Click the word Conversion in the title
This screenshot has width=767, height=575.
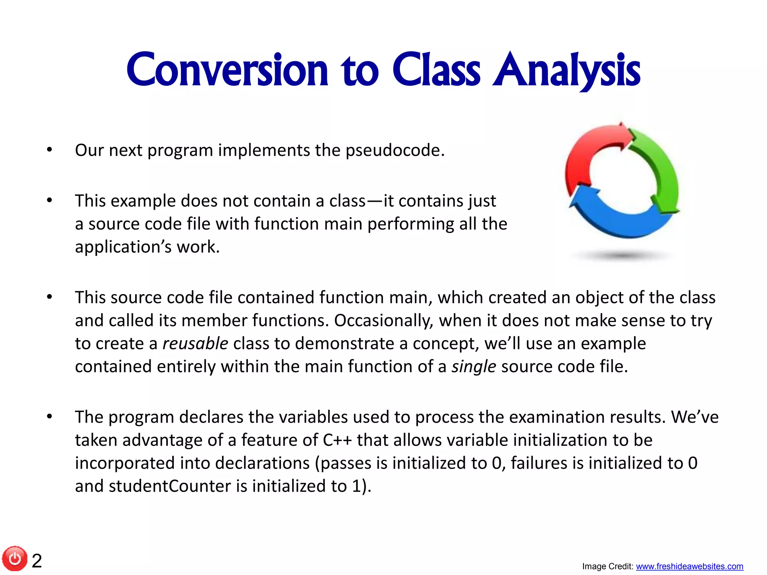pos(227,70)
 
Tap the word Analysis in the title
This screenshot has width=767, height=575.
pos(566,70)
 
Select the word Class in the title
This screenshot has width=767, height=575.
pos(436,70)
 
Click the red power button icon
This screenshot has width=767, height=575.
pos(15,559)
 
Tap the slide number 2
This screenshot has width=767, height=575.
pos(37,561)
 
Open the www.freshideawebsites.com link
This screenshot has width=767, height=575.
pos(689,566)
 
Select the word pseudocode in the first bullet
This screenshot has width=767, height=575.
pos(394,150)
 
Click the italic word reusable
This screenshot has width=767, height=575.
pos(195,344)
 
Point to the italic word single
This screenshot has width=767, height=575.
pos(473,366)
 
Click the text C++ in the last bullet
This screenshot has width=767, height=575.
pos(337,440)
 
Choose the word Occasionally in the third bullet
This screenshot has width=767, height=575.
pos(383,321)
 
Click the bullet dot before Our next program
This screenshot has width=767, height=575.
pos(49,150)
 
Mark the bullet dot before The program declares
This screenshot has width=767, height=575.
pos(49,417)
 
